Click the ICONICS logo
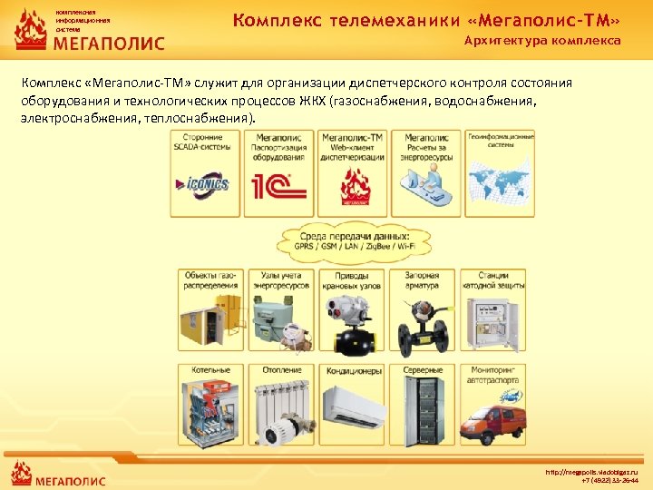click(206, 186)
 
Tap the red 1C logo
click(280, 188)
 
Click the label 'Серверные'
click(424, 370)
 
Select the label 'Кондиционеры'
click(352, 370)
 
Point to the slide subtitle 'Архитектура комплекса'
click(542, 41)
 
